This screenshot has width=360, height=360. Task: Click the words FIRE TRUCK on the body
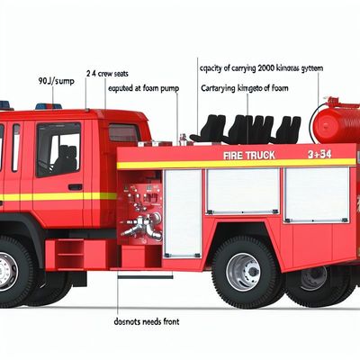(249, 156)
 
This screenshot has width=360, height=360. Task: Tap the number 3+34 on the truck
(319, 155)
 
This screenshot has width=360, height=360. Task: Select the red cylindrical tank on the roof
(335, 124)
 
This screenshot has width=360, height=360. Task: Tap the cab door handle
(76, 187)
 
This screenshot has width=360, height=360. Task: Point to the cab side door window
(58, 148)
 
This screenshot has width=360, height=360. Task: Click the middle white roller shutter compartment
(242, 192)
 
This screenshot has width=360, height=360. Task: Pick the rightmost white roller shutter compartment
(316, 194)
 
